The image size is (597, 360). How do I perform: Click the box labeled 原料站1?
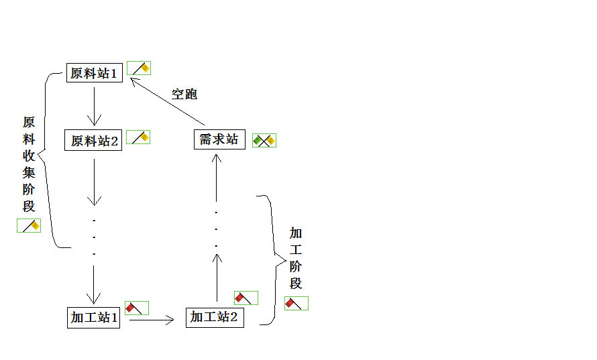(x=95, y=73)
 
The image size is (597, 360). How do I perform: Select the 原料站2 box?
(x=95, y=141)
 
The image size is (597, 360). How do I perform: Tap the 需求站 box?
(x=219, y=139)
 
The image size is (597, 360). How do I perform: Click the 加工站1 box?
(x=95, y=317)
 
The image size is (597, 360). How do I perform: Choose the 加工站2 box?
(x=214, y=317)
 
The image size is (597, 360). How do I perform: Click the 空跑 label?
(x=184, y=94)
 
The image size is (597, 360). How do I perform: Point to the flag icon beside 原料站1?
(x=139, y=68)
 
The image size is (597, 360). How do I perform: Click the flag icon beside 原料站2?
(x=138, y=137)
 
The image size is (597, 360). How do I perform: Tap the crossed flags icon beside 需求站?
(x=264, y=140)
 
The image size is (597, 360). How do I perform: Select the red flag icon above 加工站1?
(x=137, y=308)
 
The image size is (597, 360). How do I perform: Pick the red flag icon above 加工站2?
(x=246, y=298)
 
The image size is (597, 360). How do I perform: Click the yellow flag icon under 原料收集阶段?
(x=29, y=225)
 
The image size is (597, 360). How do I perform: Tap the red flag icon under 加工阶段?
(x=296, y=303)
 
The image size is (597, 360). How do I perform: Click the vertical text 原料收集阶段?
(x=29, y=164)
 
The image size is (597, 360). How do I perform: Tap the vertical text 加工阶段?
(x=296, y=258)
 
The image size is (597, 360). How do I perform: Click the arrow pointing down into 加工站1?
(x=94, y=284)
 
